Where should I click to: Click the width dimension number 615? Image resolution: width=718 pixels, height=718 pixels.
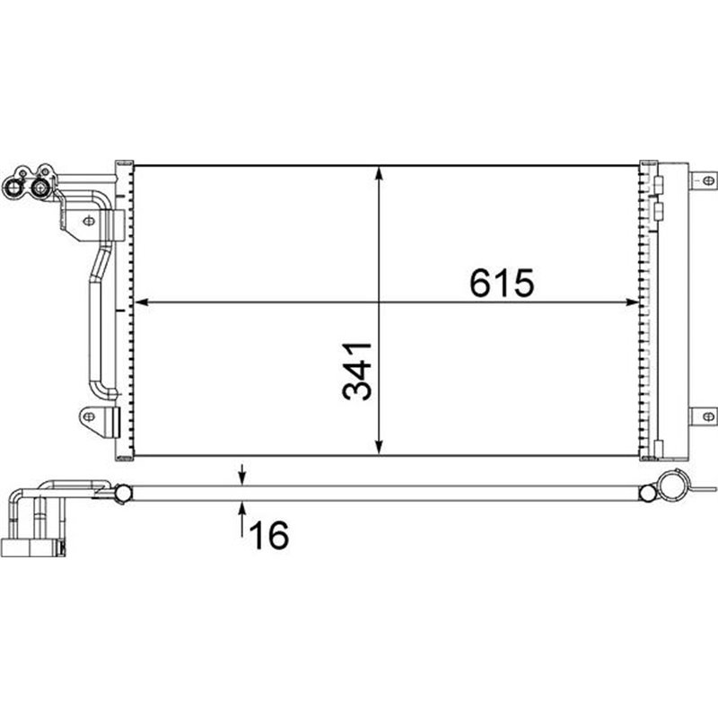tap(502, 283)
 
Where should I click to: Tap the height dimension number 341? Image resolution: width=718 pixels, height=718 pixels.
tap(357, 371)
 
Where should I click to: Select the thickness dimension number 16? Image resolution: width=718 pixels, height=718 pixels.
tap(269, 535)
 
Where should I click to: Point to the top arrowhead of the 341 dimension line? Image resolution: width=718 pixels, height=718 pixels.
tap(379, 173)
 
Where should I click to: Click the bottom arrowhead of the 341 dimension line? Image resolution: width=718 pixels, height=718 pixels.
tap(379, 448)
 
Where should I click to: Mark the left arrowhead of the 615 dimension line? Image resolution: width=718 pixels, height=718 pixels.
tap(142, 302)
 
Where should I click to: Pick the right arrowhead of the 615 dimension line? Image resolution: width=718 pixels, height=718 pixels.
tap(632, 302)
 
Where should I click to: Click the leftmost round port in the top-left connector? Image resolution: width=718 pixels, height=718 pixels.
tap(13, 188)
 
